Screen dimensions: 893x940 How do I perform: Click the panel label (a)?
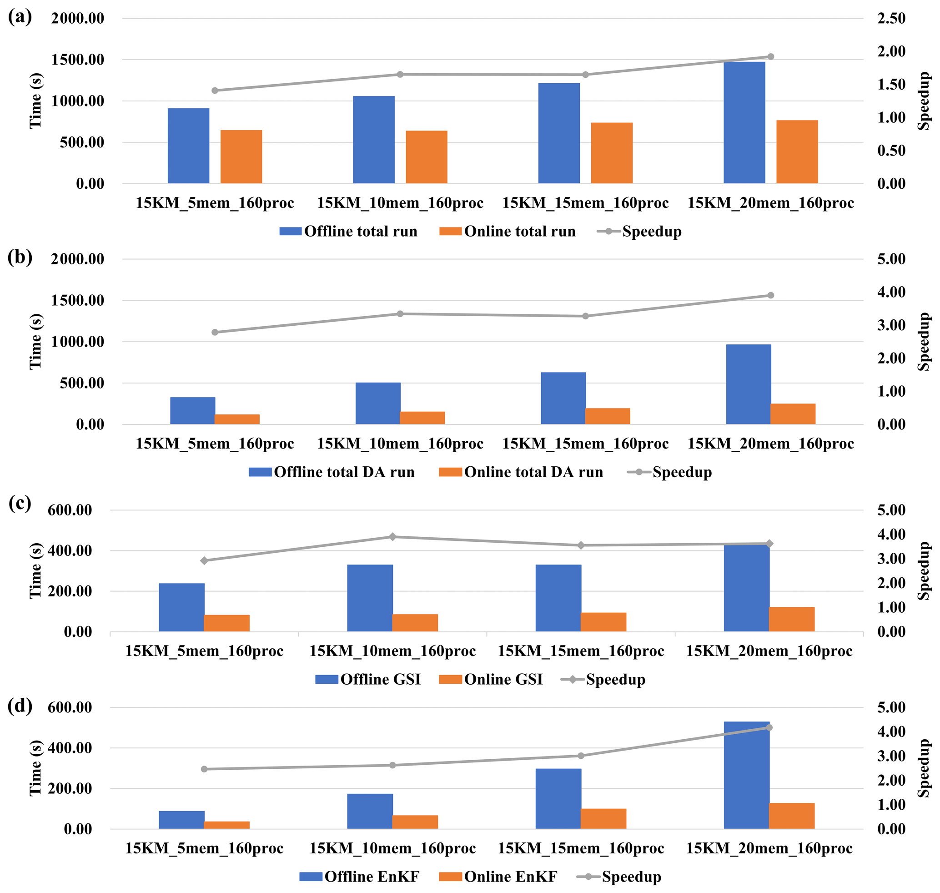click(20, 17)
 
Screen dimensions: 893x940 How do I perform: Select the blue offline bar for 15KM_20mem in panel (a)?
click(744, 122)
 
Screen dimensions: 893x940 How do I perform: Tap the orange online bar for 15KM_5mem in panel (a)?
click(241, 156)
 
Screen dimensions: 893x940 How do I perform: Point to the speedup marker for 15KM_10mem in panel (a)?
click(400, 74)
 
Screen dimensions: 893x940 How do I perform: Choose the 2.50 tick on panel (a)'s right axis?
click(891, 18)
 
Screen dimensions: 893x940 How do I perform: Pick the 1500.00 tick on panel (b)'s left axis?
click(78, 300)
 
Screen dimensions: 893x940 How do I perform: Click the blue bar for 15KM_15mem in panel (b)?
click(563, 398)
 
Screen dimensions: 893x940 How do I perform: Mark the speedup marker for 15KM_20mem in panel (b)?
click(770, 295)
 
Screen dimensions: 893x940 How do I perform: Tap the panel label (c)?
click(20, 503)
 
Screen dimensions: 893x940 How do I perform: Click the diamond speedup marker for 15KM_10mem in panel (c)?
click(392, 537)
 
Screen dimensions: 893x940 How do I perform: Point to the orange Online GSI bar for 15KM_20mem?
click(791, 619)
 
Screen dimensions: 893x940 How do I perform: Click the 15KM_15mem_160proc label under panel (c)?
click(581, 651)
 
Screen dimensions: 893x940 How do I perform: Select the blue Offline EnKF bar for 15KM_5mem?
click(181, 820)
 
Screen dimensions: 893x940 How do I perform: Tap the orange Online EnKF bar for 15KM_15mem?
click(603, 819)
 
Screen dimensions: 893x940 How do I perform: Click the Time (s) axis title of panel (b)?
click(35, 341)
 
